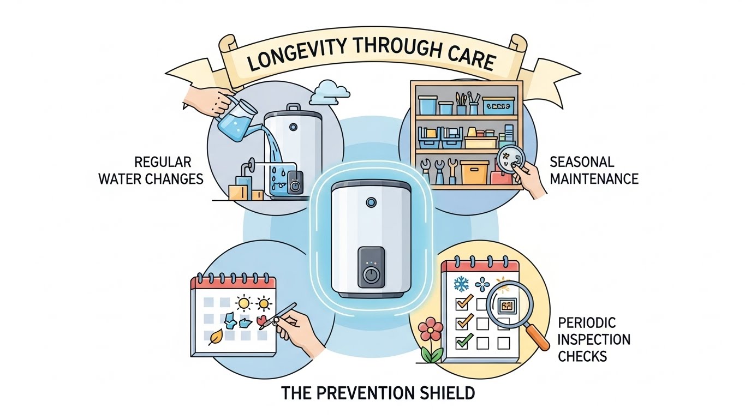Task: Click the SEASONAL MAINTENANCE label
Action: [594, 170]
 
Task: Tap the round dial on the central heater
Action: [372, 274]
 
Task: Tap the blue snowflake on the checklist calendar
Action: [461, 284]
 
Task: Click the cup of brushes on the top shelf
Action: [462, 105]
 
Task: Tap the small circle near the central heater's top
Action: [371, 202]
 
